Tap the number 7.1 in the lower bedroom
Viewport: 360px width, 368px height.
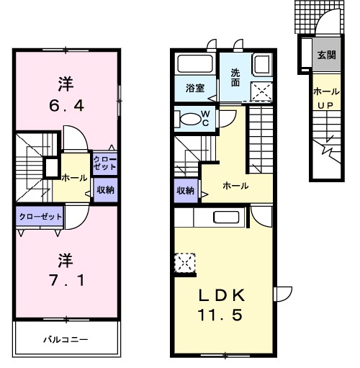tap(66, 279)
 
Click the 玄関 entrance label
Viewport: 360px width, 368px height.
tap(326, 55)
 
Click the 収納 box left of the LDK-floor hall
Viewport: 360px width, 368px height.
tap(185, 191)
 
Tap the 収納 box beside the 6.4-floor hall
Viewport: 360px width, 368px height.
tap(105, 190)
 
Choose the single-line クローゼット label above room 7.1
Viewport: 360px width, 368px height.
tap(40, 215)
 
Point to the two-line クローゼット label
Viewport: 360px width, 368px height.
tap(105, 161)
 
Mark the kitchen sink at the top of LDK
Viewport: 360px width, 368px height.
tap(226, 218)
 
